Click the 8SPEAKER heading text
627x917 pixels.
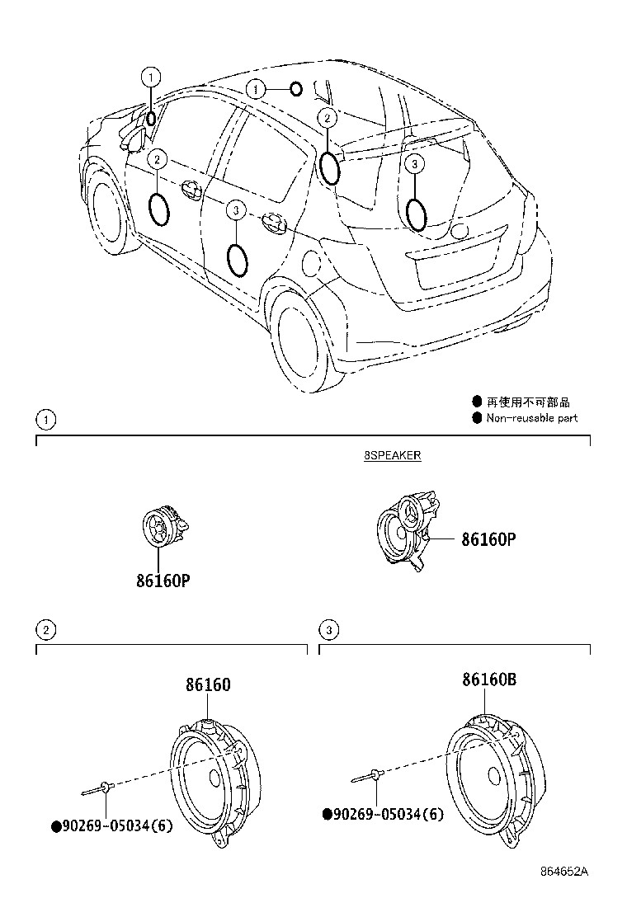coord(392,455)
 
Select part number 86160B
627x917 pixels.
coord(489,679)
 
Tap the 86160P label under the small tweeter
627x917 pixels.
coord(163,581)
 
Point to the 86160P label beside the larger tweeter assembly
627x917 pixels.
coord(489,538)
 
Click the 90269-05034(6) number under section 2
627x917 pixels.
coord(112,825)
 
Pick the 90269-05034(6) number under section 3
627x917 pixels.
coord(383,813)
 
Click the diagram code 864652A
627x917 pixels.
coord(563,871)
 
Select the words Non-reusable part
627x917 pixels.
coord(531,417)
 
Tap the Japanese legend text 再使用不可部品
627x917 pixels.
coord(528,402)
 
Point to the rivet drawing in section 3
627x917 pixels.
coord(366,777)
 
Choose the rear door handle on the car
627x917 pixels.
coord(274,220)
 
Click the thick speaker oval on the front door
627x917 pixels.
coord(159,209)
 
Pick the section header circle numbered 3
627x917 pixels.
coord(328,630)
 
